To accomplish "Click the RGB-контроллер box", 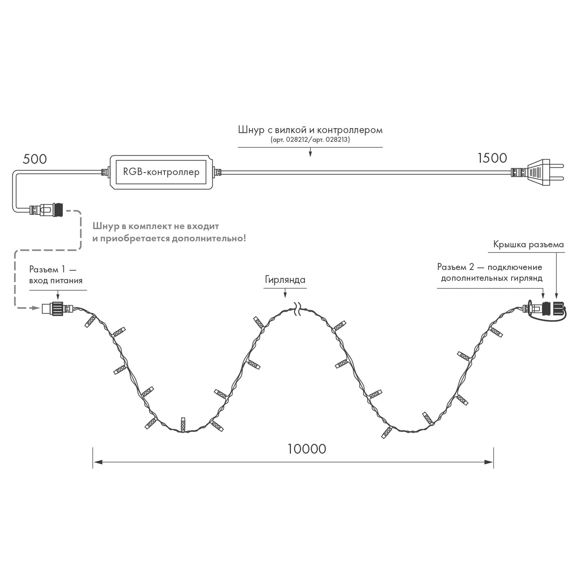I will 161,172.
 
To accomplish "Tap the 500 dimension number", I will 35,159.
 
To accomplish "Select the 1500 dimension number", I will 492,158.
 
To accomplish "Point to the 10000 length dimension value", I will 306,449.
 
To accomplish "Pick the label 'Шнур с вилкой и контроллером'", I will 310,130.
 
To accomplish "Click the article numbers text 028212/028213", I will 310,140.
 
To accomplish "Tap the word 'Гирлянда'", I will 285,279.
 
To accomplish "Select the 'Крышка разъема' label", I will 528,244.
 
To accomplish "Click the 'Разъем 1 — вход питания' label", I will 56,275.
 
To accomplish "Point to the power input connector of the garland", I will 54,308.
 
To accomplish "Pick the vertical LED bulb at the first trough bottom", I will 183,424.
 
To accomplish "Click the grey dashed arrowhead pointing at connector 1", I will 36,308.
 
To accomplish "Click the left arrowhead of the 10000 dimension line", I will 98,462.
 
